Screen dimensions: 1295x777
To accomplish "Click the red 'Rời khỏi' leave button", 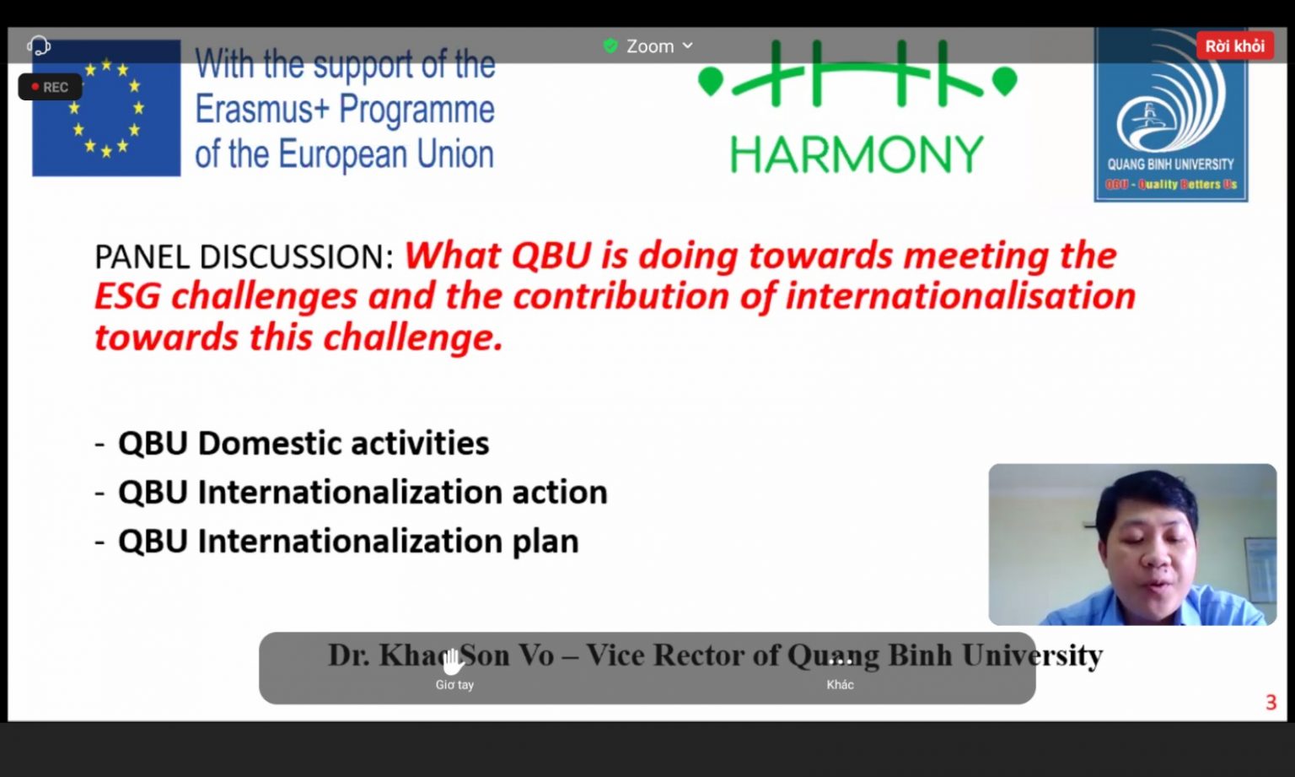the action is click(1235, 46).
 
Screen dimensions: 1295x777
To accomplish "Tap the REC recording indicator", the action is click(50, 87).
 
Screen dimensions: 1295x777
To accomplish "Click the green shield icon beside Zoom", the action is click(610, 46).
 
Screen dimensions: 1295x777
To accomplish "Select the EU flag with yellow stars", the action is click(106, 108).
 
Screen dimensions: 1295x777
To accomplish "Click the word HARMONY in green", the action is click(857, 154).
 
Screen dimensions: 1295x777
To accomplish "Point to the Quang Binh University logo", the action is click(1171, 115).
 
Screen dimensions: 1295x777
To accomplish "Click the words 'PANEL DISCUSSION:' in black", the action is click(244, 256).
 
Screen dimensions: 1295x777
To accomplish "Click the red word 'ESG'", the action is click(127, 297).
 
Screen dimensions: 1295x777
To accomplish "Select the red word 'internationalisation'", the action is click(960, 296).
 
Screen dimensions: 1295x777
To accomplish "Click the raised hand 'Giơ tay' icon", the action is click(454, 662).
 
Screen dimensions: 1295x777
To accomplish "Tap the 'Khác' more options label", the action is click(840, 685).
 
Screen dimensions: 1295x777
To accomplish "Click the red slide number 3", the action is click(1271, 703).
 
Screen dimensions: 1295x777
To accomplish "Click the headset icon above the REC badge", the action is click(39, 45).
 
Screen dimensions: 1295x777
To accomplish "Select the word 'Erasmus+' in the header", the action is click(262, 109).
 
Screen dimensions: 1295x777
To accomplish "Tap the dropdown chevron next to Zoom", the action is click(687, 45).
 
